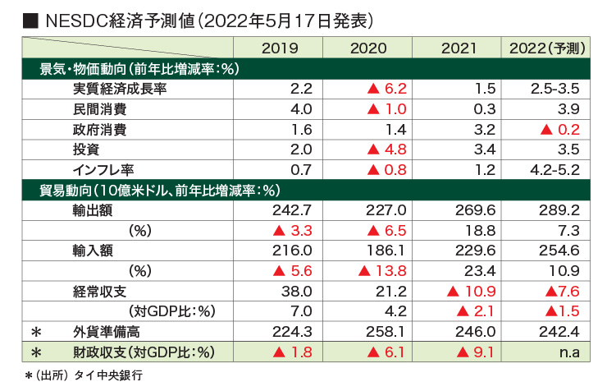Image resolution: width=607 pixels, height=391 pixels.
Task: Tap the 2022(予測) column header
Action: [x=545, y=48]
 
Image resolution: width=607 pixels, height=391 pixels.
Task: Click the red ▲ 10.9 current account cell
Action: [x=470, y=292]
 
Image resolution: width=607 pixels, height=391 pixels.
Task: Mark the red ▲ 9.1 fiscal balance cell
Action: [x=474, y=352]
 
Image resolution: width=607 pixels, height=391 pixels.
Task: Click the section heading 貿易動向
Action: [x=66, y=191]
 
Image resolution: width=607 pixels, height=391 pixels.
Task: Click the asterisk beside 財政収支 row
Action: [x=34, y=353]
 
